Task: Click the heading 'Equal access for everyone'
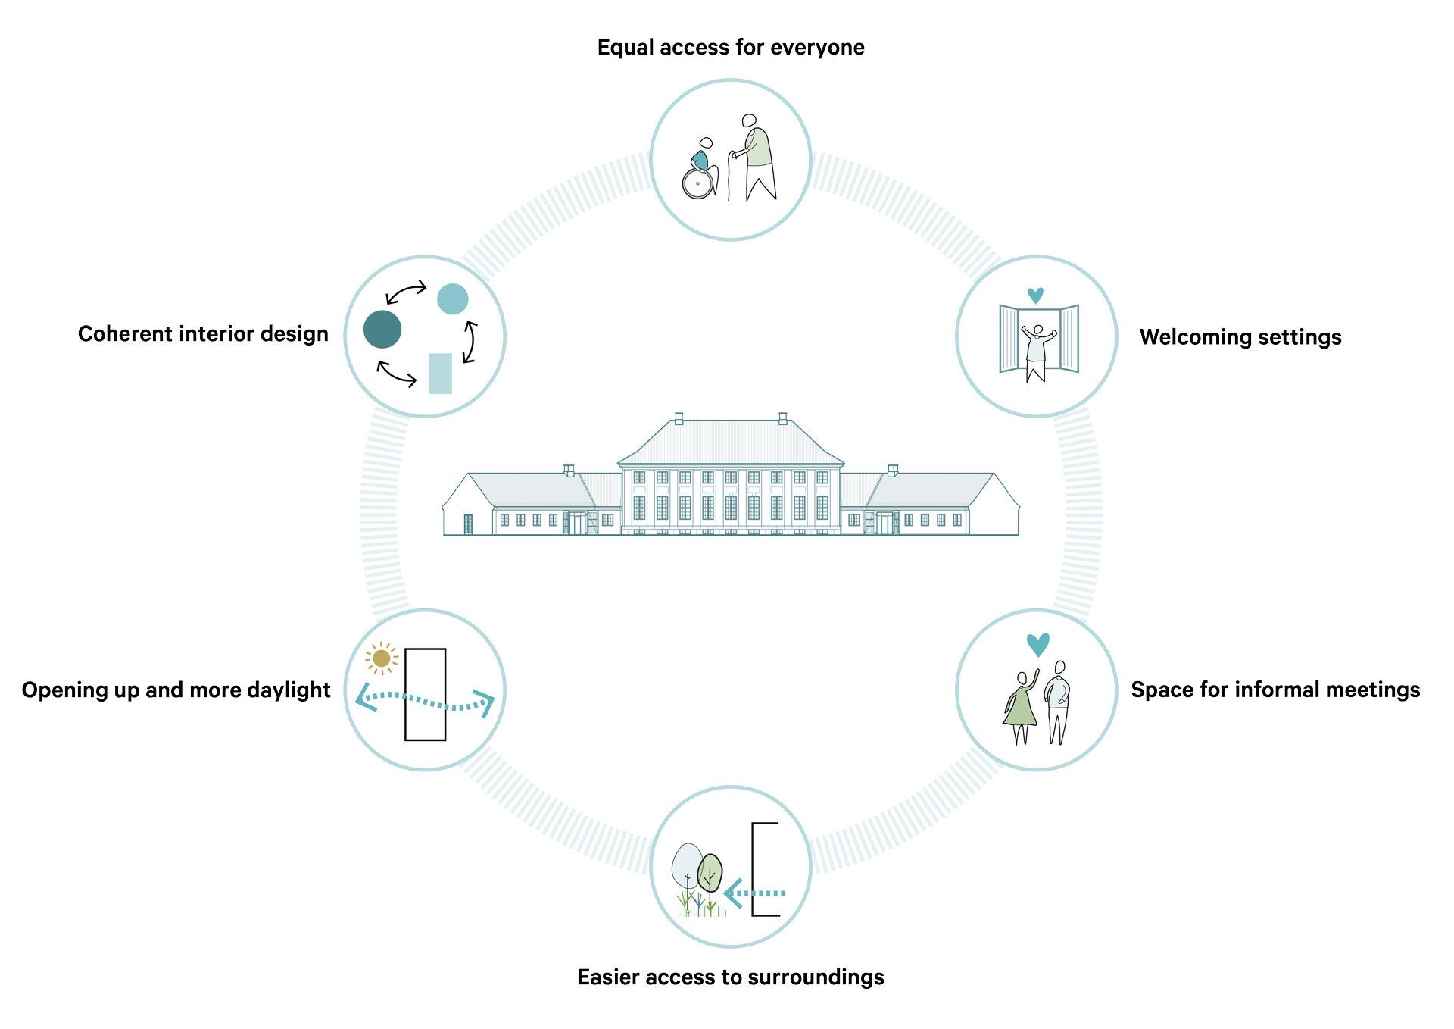click(731, 48)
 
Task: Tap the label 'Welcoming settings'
click(1240, 337)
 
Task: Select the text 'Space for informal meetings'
click(1275, 690)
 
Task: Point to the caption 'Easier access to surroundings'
click(731, 977)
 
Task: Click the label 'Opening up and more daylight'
click(176, 690)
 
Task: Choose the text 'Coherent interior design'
click(203, 334)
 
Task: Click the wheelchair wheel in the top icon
click(697, 183)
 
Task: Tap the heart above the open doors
click(1035, 296)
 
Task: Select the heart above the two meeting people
click(1037, 645)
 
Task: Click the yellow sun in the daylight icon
click(382, 658)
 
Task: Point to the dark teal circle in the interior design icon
click(382, 330)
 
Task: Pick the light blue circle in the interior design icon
click(453, 299)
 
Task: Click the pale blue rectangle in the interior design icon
click(440, 374)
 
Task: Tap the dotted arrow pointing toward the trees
click(754, 893)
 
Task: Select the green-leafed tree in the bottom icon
click(710, 879)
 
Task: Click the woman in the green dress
click(1021, 707)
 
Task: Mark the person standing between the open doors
click(1037, 353)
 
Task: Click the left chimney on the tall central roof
click(679, 418)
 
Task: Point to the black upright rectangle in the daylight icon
click(426, 694)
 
